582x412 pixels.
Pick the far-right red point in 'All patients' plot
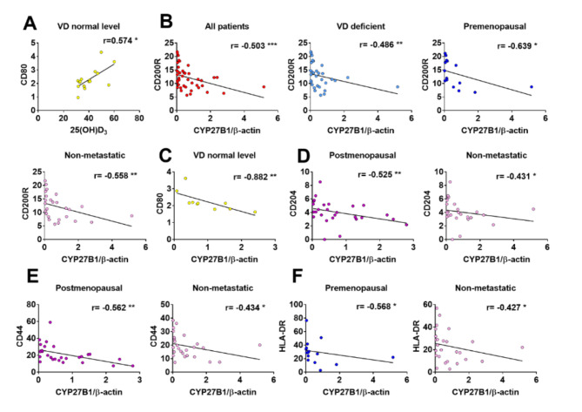click(264, 86)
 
